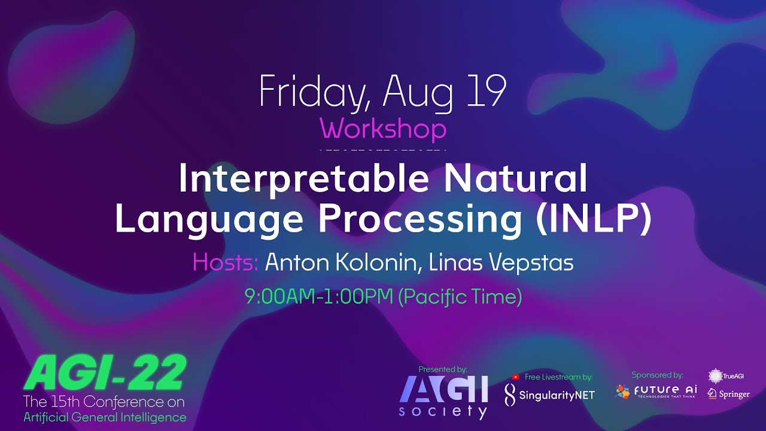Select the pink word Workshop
point(383,129)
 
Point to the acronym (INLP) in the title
point(593,219)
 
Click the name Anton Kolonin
point(341,262)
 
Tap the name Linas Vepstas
point(501,262)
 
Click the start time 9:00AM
point(281,296)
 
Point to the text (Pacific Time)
point(460,296)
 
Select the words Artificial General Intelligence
point(105,417)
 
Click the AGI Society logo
point(443,395)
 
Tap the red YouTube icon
point(515,377)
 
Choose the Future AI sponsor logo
point(656,392)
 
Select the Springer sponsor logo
point(728,394)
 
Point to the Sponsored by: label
point(657,375)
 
